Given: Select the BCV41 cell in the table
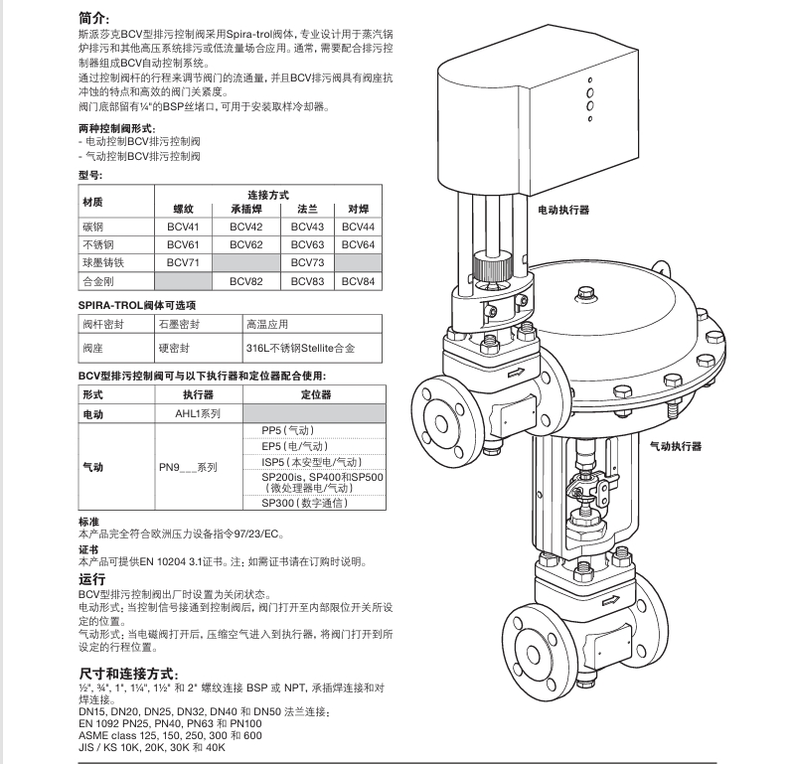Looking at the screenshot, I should [184, 227].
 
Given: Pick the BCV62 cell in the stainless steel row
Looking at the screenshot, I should [245, 244].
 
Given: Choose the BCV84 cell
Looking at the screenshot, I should [358, 281].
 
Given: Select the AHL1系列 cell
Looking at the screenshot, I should [198, 412].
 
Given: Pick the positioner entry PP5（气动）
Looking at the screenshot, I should [287, 429].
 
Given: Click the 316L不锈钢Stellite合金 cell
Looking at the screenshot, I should [299, 349].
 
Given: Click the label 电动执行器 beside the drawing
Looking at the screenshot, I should [563, 211].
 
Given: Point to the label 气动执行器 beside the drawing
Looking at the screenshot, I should [676, 446].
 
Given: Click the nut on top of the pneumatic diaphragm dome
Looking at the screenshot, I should [582, 292].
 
